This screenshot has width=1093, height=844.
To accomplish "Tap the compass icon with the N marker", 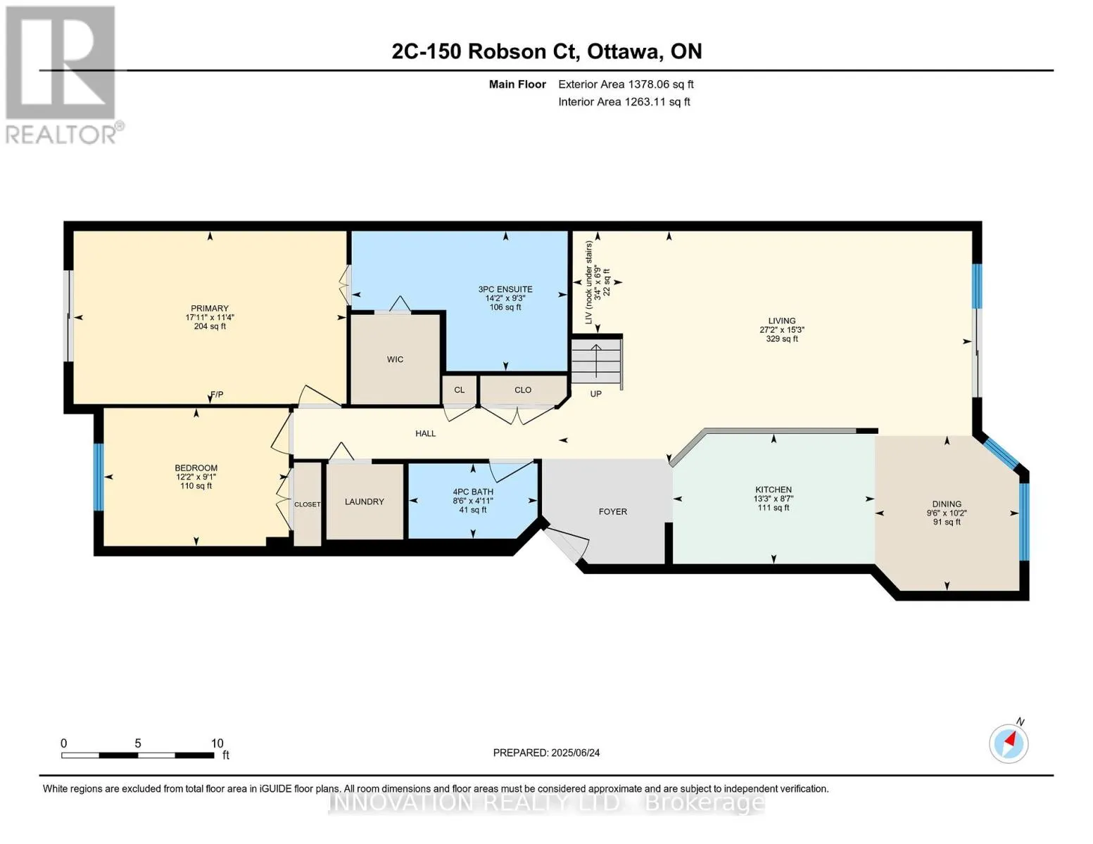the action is tap(1009, 743).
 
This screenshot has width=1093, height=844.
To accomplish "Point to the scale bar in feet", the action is tap(138, 755).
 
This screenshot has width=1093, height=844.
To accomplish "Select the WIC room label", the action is tap(395, 359).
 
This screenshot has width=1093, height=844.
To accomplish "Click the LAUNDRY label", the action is tap(364, 501).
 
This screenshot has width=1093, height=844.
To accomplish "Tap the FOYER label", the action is tap(612, 512).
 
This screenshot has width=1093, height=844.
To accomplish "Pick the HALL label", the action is tap(426, 433).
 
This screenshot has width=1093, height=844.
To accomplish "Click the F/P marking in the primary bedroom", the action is tap(217, 395).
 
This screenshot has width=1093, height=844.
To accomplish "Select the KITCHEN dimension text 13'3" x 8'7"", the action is tap(773, 499).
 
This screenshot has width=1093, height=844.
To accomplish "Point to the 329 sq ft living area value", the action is tap(782, 339).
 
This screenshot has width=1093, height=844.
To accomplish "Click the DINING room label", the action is tap(947, 504).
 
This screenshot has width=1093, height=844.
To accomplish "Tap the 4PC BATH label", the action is tap(473, 492).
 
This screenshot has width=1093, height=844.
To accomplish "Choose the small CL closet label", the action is tap(460, 390).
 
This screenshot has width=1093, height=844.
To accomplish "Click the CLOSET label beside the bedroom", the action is tap(308, 504).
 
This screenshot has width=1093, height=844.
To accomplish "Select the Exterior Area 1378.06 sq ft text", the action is tap(626, 84).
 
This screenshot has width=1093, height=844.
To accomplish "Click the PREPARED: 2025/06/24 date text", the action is tap(546, 753).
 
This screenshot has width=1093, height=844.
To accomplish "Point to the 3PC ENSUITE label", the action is tap(505, 289).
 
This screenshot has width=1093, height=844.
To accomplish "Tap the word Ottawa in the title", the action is tap(624, 52).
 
